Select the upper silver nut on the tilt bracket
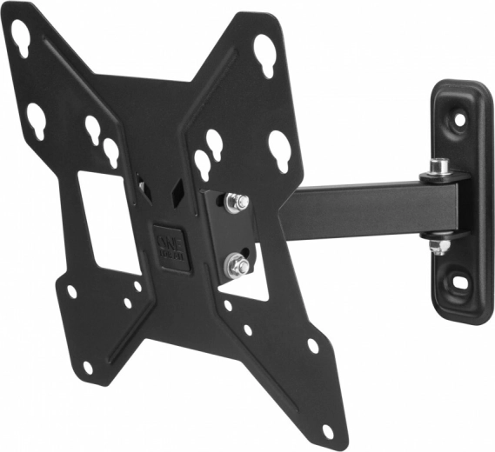tap(234, 203)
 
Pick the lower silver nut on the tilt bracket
tap(234, 263)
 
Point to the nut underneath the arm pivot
tap(440, 246)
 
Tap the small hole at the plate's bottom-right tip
tap(327, 429)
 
